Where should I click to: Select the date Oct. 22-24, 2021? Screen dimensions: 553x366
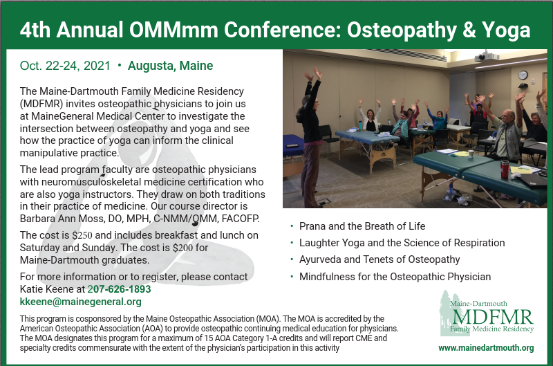click(x=65, y=66)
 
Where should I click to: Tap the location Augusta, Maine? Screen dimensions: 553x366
click(x=170, y=66)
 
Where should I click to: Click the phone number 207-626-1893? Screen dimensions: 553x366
click(x=119, y=289)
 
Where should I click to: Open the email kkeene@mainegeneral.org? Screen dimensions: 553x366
click(x=80, y=302)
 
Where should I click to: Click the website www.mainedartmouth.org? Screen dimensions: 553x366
click(x=486, y=348)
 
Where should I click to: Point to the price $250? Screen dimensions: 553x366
click(x=82, y=235)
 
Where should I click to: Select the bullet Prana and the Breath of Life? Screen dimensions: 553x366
click(x=362, y=226)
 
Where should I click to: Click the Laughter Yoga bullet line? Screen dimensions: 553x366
click(x=402, y=243)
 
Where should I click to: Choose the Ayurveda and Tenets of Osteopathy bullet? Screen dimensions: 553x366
click(x=379, y=259)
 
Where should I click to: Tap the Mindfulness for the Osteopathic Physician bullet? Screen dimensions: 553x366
click(x=395, y=277)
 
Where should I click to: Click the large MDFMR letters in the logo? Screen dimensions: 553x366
click(x=493, y=317)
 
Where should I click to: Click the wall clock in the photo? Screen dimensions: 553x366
click(x=523, y=75)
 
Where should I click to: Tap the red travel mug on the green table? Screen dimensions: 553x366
click(x=505, y=169)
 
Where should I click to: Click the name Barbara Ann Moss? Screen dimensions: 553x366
click(x=62, y=219)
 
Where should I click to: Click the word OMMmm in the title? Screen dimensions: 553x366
click(x=174, y=30)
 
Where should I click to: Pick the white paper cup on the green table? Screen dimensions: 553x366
click(x=471, y=154)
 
